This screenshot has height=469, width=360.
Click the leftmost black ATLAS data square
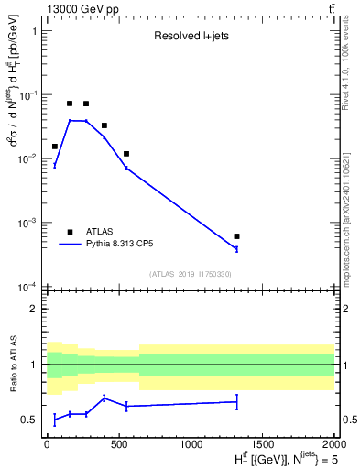[55, 147]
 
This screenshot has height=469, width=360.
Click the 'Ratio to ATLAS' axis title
[12, 365]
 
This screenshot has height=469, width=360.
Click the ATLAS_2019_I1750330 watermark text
[191, 274]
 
